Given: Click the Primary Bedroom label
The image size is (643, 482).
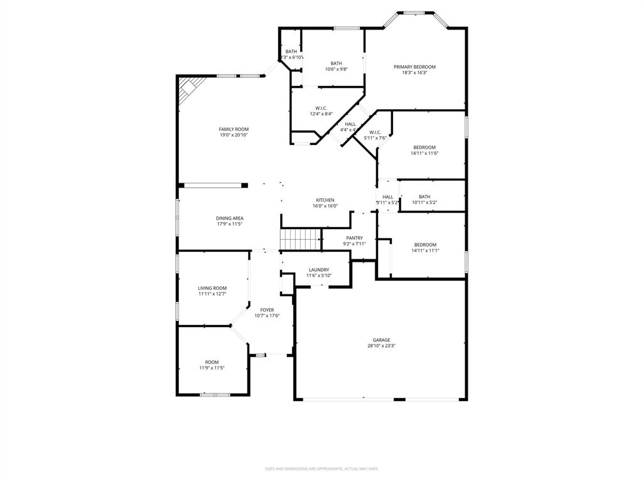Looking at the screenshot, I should tap(414, 67).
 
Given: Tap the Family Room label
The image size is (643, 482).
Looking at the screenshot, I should tap(234, 129).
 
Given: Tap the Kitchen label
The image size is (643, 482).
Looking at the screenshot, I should tap(325, 200).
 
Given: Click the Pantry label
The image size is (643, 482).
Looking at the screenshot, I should tap(354, 238).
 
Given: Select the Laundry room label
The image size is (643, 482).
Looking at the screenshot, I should tap(318, 270).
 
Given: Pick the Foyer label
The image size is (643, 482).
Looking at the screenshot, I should tap(267, 310).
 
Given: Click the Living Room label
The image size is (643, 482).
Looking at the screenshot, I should tap(212, 288).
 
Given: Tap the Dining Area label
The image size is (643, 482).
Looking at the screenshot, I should tap(230, 218).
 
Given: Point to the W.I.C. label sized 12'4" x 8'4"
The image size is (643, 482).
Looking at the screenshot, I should tap(321, 108).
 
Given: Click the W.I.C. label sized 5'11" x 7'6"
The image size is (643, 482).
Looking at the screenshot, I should tap(375, 132).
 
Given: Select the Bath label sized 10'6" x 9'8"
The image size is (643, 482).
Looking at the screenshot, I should tap(337, 63).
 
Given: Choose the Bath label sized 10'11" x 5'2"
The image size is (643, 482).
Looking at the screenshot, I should tap(424, 196).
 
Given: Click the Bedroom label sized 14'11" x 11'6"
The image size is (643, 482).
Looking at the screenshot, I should tap(424, 147).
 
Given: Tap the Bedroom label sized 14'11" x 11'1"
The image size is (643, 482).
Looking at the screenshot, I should tap(424, 245).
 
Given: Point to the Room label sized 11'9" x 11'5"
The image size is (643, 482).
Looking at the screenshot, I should tap(212, 362).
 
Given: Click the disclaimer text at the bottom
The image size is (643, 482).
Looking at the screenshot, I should tap(321, 469).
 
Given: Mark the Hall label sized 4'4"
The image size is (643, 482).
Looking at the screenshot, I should tap(350, 124).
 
